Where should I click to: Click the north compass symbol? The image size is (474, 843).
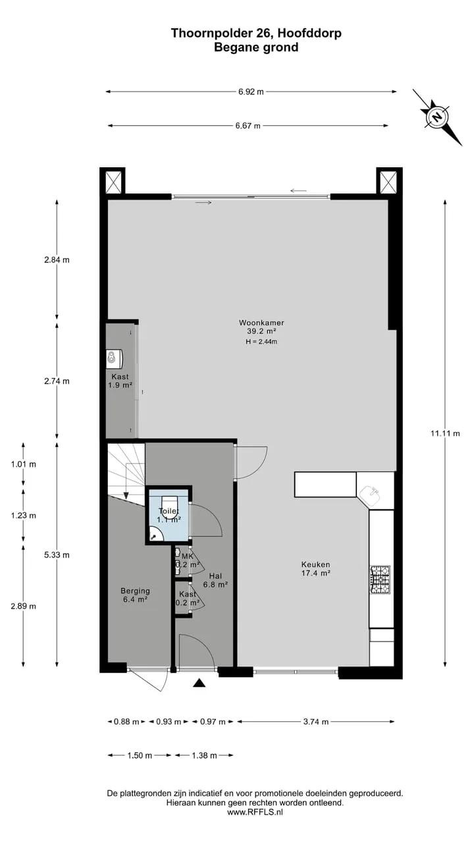tap(437, 117)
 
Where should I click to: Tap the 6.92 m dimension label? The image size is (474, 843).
tap(251, 92)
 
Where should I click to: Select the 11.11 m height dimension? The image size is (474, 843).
tap(445, 433)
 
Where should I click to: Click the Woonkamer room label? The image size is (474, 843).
tap(261, 323)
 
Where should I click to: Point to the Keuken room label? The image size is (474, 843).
tap(315, 564)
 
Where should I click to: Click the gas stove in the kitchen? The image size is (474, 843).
tap(381, 580)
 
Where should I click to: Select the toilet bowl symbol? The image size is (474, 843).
tap(169, 503)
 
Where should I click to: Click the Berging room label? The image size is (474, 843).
tap(135, 591)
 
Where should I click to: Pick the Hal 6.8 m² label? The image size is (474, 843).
tap(215, 580)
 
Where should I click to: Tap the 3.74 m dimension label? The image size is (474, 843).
tap(316, 721)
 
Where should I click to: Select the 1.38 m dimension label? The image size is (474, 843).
tap(204, 755)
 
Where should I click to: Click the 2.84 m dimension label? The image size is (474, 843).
tap(57, 259)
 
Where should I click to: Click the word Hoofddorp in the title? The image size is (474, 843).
tap(309, 33)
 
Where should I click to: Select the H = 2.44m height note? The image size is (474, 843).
tap(261, 342)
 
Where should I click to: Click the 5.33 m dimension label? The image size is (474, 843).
tap(57, 555)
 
